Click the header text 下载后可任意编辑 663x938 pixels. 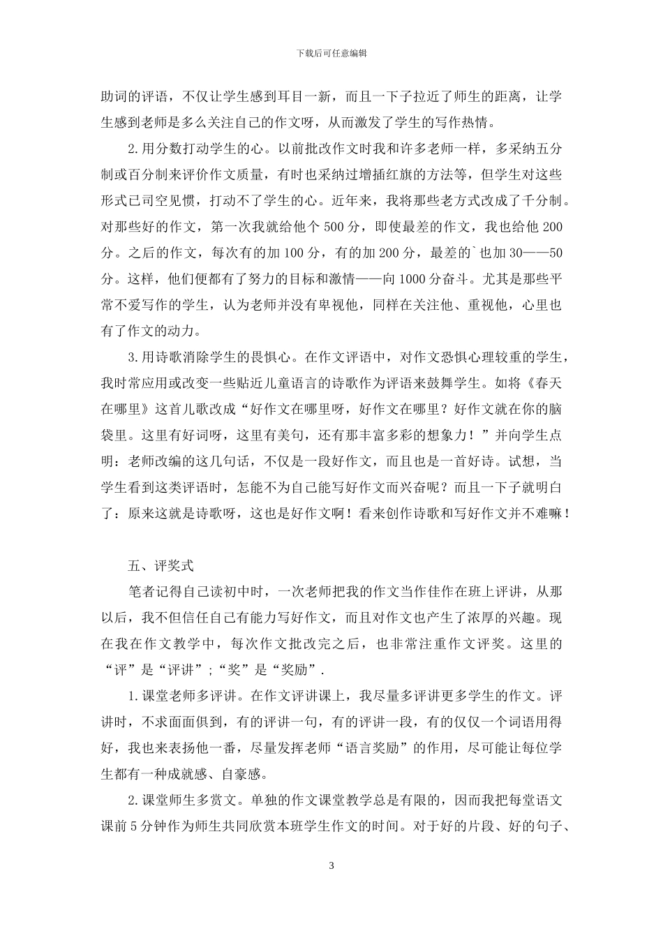pos(331,53)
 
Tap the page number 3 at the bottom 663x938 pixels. pos(331,865)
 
